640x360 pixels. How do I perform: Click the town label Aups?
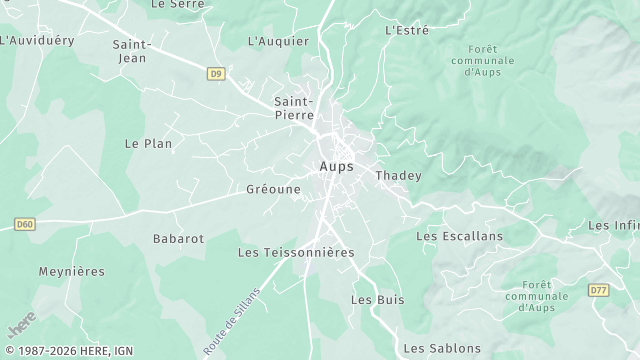(x=337, y=166)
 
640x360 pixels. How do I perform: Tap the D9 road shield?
(x=216, y=73)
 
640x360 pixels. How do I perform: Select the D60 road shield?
(x=25, y=224)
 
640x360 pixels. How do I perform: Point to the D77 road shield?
(x=598, y=290)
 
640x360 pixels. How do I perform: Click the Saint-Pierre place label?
(x=294, y=108)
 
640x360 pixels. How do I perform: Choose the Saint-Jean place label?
(x=131, y=51)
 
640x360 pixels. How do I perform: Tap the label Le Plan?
(x=148, y=144)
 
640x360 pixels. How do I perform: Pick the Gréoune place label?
(x=273, y=188)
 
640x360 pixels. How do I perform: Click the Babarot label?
(x=178, y=239)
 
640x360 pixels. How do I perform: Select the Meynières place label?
(x=71, y=271)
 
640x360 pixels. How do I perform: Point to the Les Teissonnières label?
(x=296, y=253)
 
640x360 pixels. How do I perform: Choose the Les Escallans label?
(x=459, y=237)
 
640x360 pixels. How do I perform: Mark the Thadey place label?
(x=398, y=176)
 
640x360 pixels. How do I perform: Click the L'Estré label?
(x=407, y=31)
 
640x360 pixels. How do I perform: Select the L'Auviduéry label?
(x=37, y=41)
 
